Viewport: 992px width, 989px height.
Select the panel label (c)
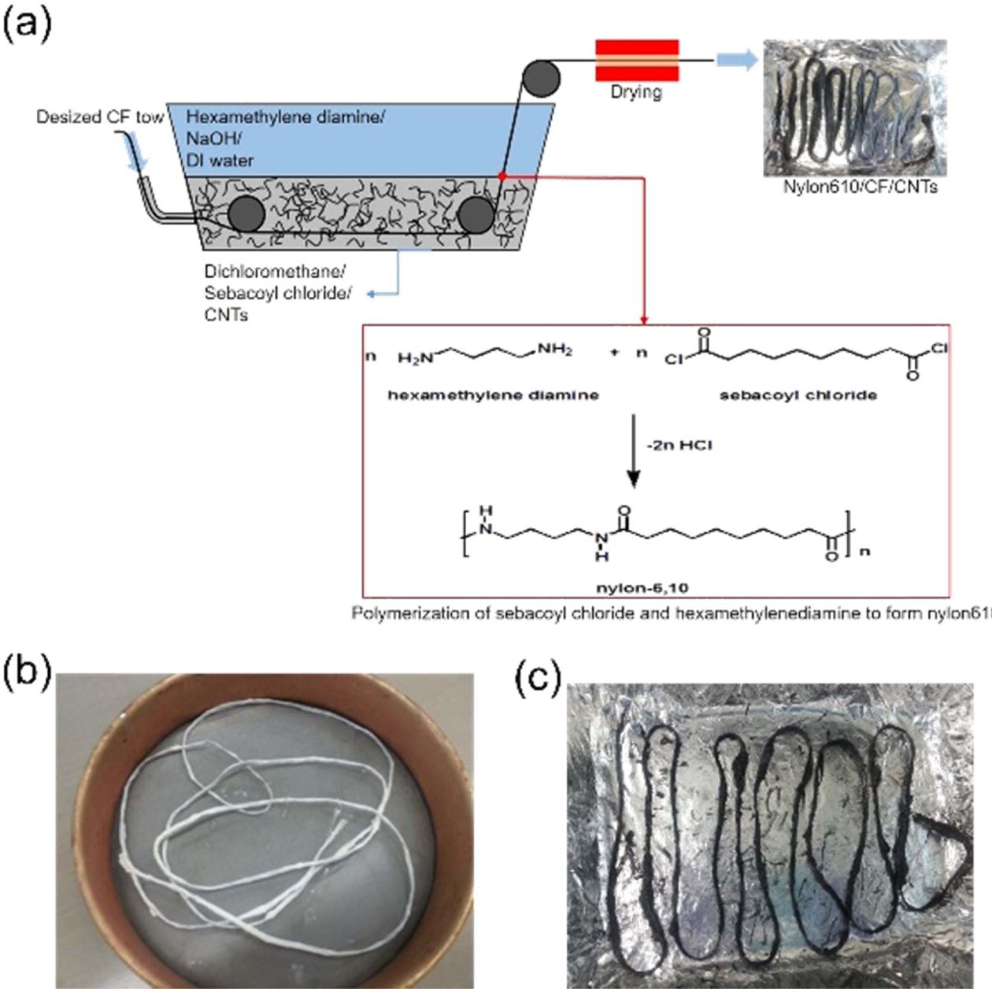[x=537, y=678]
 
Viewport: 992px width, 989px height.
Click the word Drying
[x=635, y=92]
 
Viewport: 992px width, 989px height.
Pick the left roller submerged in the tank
[x=246, y=214]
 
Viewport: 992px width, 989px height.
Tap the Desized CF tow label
[x=99, y=117]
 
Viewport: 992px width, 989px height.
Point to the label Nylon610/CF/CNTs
[x=860, y=187]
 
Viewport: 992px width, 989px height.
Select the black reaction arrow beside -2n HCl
[x=633, y=465]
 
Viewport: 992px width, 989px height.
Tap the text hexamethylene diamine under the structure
[x=493, y=394]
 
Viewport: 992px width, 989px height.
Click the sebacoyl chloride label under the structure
[x=798, y=394]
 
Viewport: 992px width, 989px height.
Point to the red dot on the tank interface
[x=502, y=176]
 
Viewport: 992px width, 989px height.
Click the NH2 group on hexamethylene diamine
[x=555, y=350]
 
